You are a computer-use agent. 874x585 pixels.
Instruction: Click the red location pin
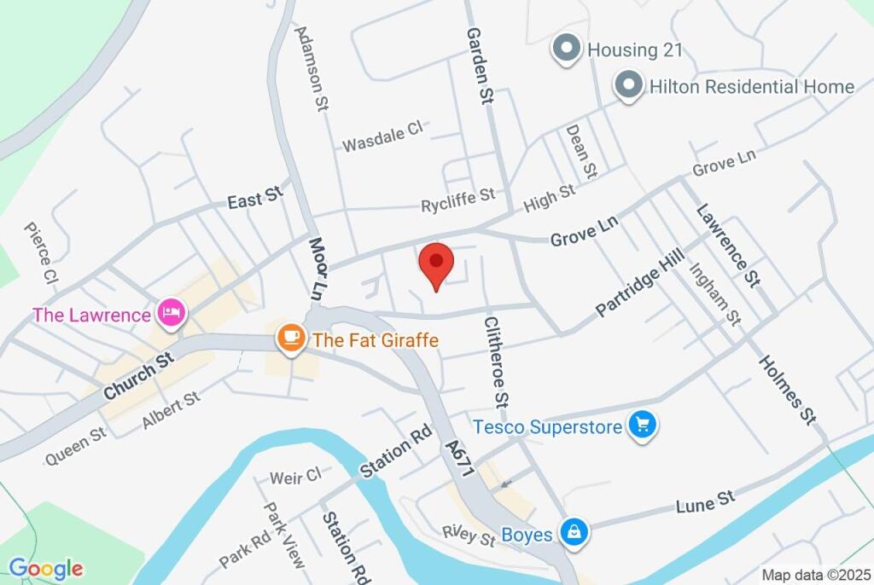[436, 261]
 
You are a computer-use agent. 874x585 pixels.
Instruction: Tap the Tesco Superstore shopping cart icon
[641, 424]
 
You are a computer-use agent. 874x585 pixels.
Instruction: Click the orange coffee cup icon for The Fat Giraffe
[292, 338]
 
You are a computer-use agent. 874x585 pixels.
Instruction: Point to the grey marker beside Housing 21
[565, 49]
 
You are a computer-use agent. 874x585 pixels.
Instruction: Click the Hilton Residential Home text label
[751, 87]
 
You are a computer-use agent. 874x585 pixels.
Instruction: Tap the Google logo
[46, 568]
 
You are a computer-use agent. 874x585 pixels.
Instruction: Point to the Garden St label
[480, 65]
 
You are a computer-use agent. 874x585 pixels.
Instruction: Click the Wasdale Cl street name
[382, 136]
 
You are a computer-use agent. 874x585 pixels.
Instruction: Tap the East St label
[254, 200]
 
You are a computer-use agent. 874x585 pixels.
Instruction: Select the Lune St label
[705, 501]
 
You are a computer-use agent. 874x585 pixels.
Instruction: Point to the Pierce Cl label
[40, 253]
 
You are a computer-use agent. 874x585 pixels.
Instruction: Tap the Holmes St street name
[786, 389]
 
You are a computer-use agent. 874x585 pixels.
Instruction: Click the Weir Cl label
[295, 477]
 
